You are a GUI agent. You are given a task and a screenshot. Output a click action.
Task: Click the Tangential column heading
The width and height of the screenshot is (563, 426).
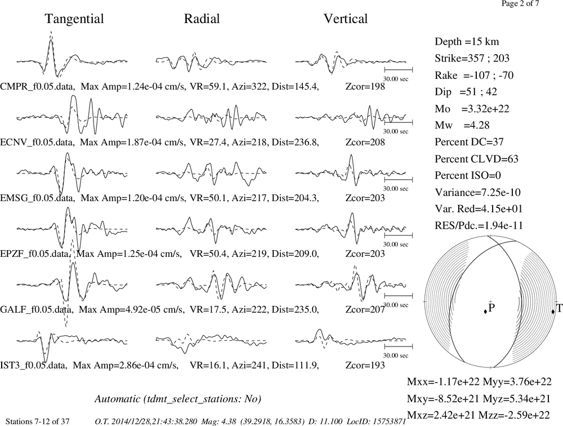[x=74, y=19]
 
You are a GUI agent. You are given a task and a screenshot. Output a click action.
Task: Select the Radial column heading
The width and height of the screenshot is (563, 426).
[x=202, y=19]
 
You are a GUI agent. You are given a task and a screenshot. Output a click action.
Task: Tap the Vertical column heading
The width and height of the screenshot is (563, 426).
[x=346, y=19]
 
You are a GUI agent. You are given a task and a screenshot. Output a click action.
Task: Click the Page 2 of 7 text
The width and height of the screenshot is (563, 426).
[x=520, y=4]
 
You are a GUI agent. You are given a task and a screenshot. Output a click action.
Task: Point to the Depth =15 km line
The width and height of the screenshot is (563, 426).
[x=467, y=42]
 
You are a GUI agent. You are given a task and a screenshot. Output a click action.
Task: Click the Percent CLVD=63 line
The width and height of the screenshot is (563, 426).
[x=476, y=159]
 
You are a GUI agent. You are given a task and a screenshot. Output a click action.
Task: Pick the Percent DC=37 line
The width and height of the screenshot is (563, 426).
[x=469, y=142]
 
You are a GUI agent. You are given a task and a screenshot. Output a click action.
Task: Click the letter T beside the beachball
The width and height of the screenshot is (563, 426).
[x=559, y=308]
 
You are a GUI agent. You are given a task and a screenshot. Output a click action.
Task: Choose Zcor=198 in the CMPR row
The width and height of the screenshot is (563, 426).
[x=365, y=87]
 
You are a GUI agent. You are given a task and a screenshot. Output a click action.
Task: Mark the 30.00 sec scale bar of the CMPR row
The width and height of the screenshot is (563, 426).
[x=398, y=70]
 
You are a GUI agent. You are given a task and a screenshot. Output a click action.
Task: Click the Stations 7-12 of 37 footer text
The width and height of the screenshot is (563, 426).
[x=38, y=421]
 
